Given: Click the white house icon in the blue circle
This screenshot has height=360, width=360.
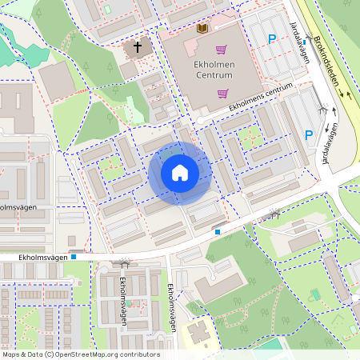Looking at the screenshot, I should pos(180,173).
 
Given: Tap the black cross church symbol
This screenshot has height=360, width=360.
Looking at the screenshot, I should pos(137,48).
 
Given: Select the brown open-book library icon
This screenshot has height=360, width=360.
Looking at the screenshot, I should pos(202,29).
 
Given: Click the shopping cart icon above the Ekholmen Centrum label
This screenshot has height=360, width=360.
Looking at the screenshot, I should pos(222,50).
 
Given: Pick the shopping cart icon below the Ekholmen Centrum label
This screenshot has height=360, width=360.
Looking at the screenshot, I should pos(222,94).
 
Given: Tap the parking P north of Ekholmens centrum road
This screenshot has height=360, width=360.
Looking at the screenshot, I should pos(272,38).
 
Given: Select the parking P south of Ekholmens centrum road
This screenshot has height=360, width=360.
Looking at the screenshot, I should pos(309,134).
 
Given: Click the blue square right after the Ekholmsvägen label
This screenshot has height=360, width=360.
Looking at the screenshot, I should pos(74,258).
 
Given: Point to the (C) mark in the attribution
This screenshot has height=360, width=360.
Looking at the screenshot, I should pos(49,354).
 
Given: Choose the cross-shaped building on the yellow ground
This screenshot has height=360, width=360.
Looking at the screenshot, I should pos(201,332).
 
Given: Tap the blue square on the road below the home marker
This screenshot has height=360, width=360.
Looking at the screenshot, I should pos(217,232).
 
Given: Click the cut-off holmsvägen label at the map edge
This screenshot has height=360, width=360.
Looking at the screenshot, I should pos(18,207).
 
